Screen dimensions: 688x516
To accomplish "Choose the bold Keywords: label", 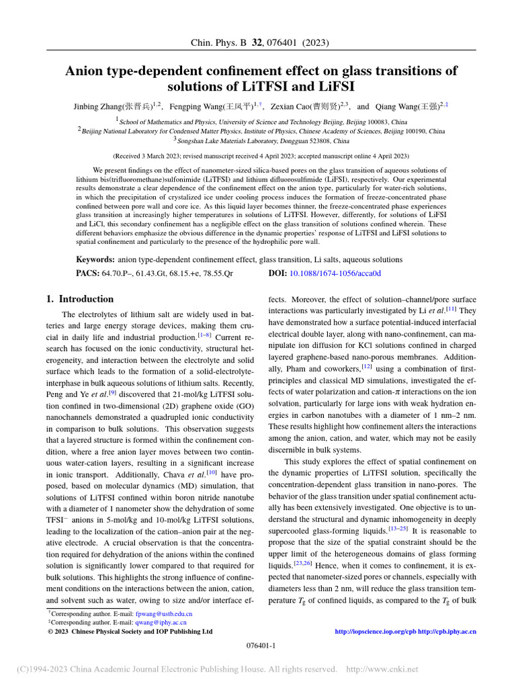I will [95, 259].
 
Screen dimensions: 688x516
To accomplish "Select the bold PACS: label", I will [89, 273].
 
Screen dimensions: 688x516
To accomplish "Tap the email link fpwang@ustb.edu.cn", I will [164, 614].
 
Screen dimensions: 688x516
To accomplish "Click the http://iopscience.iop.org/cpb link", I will [375, 632].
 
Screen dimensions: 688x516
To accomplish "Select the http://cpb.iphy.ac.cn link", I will [447, 632].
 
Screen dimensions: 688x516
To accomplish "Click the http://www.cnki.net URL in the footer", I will [381, 669].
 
